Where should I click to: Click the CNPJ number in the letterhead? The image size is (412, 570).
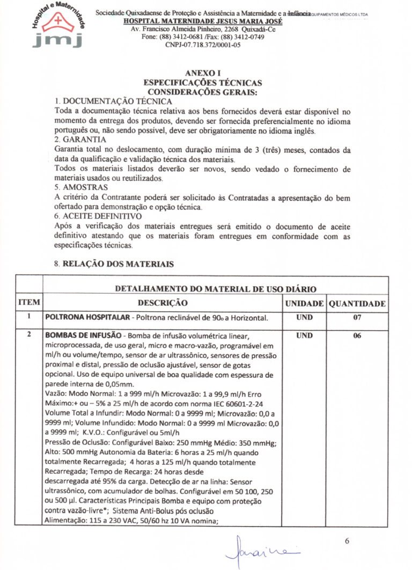203,45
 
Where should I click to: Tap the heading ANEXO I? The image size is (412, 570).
203,74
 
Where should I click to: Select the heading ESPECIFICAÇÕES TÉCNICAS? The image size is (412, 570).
203,83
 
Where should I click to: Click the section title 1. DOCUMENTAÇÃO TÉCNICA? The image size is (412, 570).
113,101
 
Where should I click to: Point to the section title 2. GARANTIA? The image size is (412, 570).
80,138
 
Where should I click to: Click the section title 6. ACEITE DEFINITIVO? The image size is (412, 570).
98,216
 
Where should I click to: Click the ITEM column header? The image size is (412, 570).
29,303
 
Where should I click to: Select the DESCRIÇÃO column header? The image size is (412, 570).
163,303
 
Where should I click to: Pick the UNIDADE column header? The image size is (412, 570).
304,304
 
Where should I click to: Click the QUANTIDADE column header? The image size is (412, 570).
357,304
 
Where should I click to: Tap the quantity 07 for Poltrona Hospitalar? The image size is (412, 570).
357,318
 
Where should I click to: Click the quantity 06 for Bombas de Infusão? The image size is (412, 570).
357,336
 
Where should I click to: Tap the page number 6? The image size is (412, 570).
347,540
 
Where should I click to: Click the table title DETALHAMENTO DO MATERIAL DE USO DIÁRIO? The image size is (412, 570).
216,289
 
